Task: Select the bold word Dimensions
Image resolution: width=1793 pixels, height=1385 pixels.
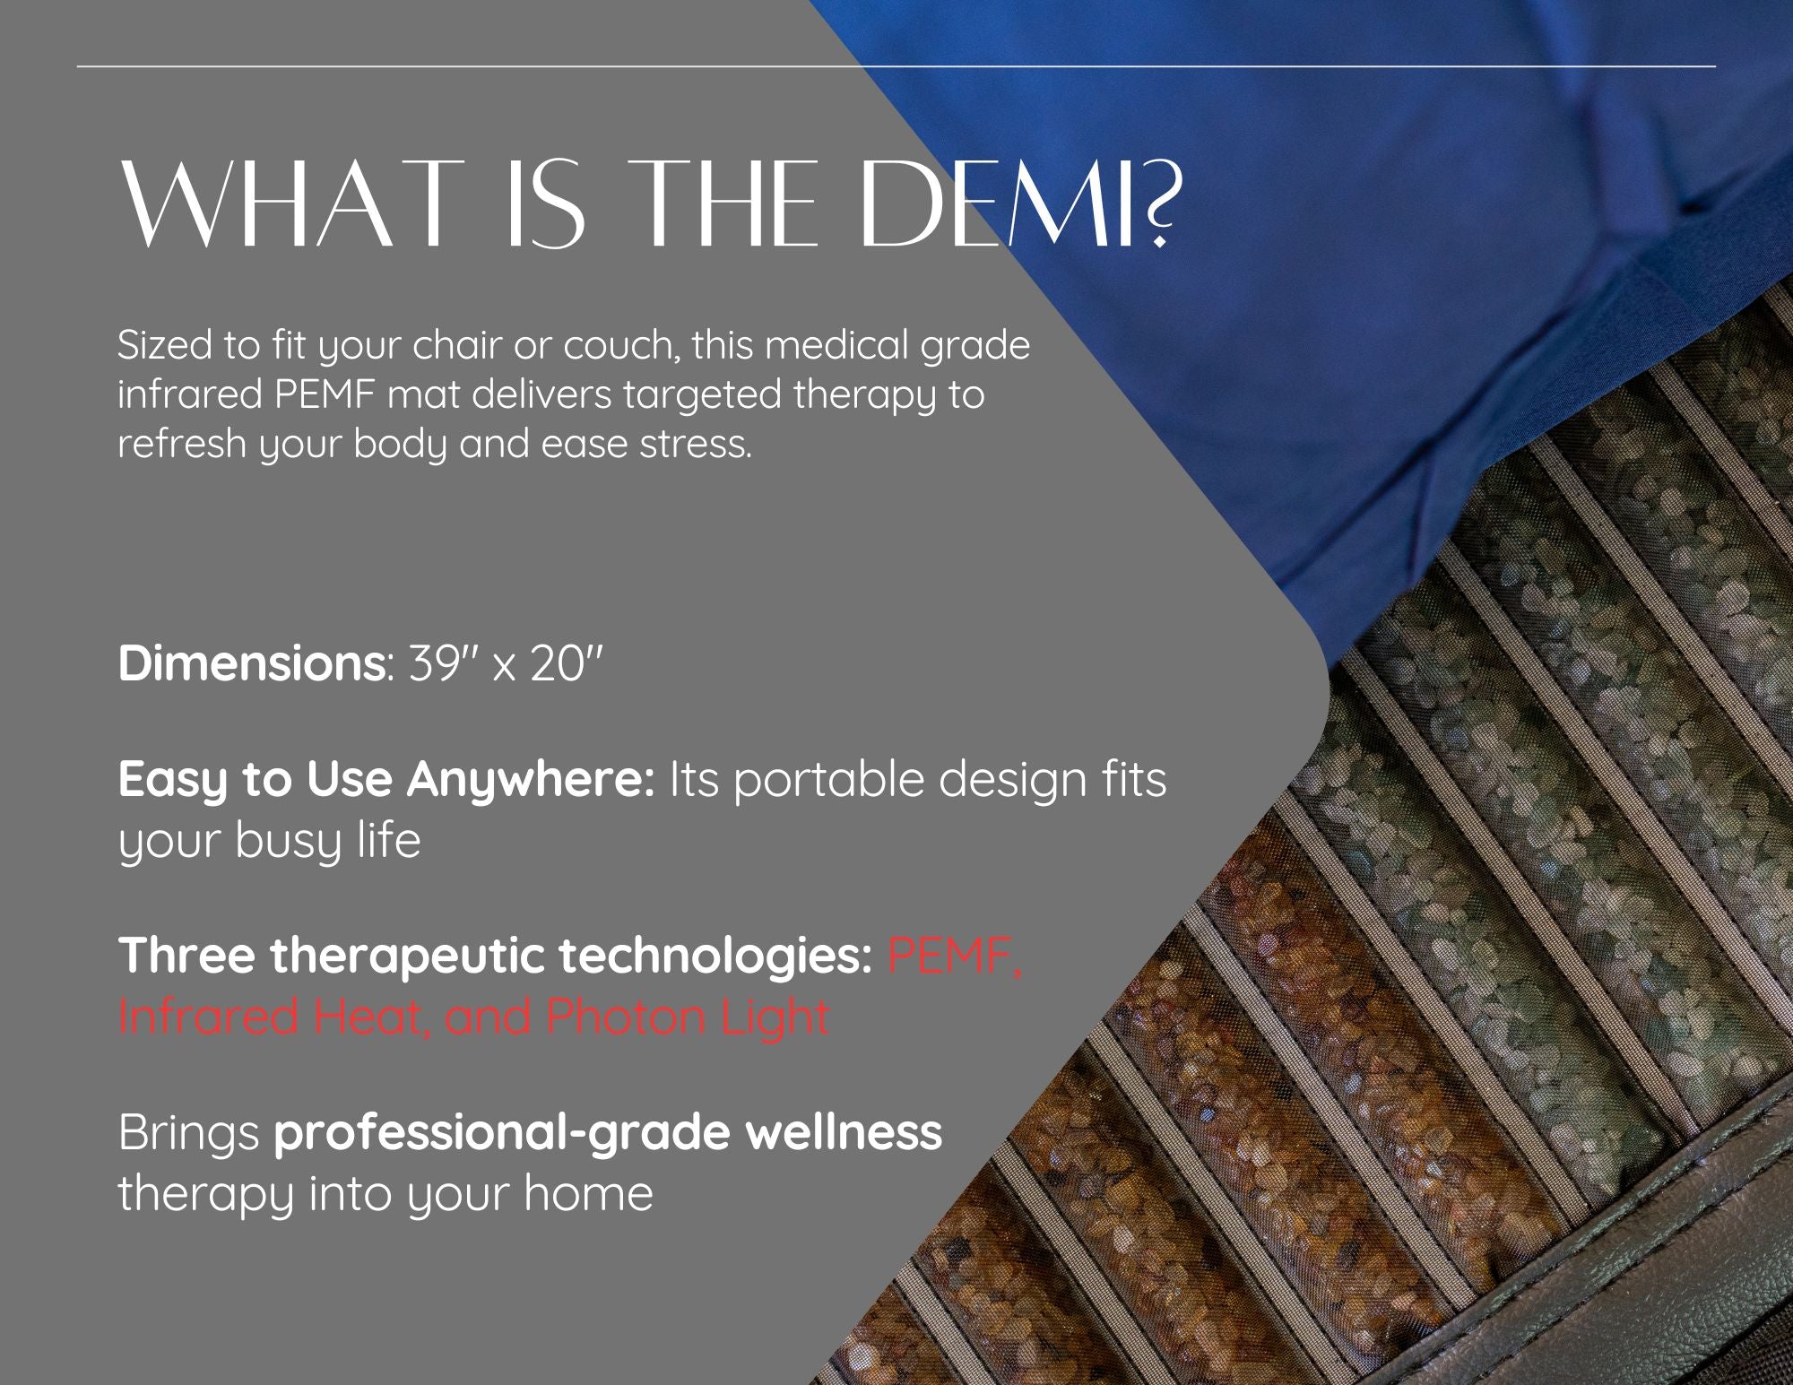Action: pos(252,663)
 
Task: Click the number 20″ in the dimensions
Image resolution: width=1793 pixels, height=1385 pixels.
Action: pos(566,663)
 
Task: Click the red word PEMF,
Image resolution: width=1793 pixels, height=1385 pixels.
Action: pos(955,957)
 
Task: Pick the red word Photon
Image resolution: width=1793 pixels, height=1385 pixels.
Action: pos(626,1017)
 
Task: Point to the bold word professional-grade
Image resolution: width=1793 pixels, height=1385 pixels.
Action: pos(504,1134)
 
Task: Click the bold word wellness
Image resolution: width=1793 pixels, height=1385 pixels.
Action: pos(845,1132)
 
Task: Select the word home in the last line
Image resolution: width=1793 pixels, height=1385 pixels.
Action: pos(589,1193)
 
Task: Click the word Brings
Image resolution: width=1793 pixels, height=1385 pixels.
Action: pos(189,1134)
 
